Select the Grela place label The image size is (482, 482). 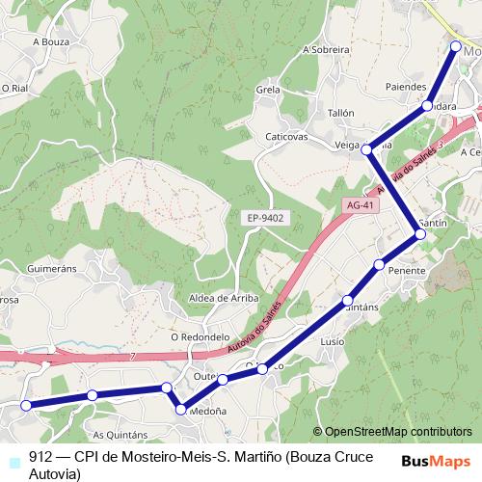(268, 90)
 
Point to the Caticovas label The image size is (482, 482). (286, 137)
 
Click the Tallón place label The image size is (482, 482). (341, 113)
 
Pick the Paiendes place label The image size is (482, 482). (405, 86)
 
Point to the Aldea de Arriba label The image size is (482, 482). (224, 298)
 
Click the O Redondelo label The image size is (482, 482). (200, 337)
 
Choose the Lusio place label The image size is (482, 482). (332, 342)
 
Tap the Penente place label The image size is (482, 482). (407, 272)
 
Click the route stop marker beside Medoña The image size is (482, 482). (180, 411)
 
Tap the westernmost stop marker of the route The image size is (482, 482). (26, 406)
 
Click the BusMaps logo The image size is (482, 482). (435, 462)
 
